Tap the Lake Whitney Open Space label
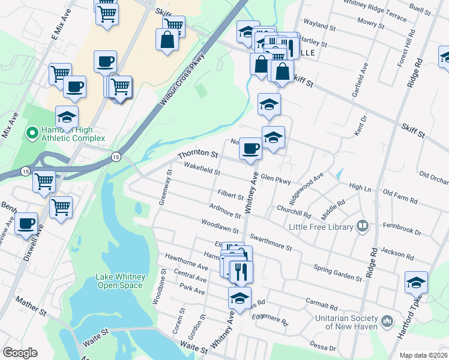(x=119, y=281)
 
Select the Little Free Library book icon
(x=363, y=226)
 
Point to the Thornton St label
(x=197, y=154)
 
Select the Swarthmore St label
(x=271, y=242)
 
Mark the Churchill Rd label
(x=294, y=211)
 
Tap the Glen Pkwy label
(x=276, y=179)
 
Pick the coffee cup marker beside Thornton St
(x=250, y=148)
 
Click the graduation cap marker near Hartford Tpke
(x=416, y=281)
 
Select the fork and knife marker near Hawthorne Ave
(x=241, y=271)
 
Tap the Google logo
(x=20, y=353)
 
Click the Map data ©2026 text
(x=424, y=355)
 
